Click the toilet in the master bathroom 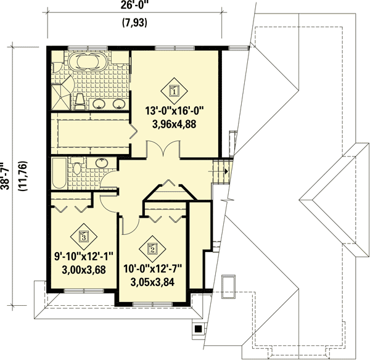(80, 102)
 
